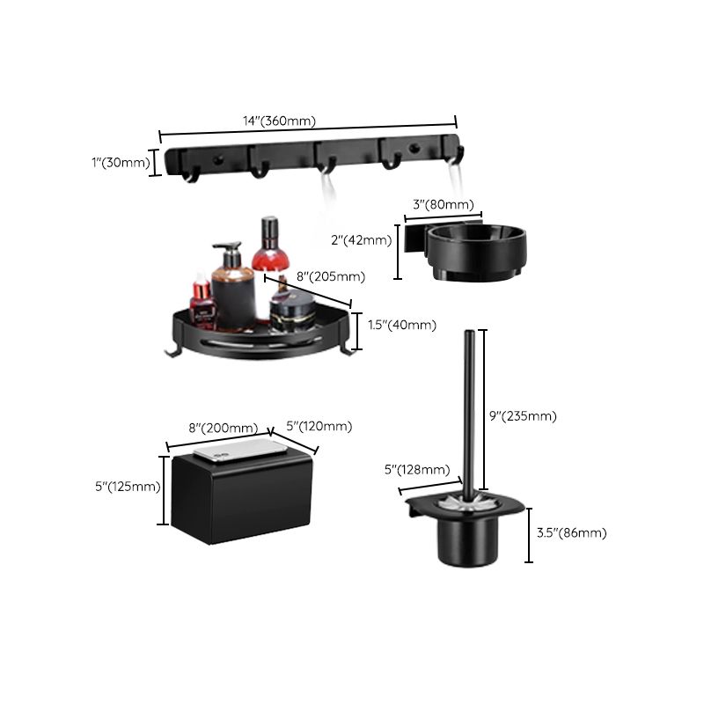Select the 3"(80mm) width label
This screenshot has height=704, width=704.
[442, 205]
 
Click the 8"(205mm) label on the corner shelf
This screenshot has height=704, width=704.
[330, 276]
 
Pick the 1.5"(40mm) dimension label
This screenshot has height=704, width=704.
[401, 325]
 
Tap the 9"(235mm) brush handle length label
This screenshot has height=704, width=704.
[523, 416]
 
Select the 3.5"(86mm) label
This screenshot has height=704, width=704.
[571, 532]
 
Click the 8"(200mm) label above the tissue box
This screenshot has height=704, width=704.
[224, 429]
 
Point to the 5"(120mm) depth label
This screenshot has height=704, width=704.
[319, 426]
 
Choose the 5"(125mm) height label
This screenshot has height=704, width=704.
[128, 486]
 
